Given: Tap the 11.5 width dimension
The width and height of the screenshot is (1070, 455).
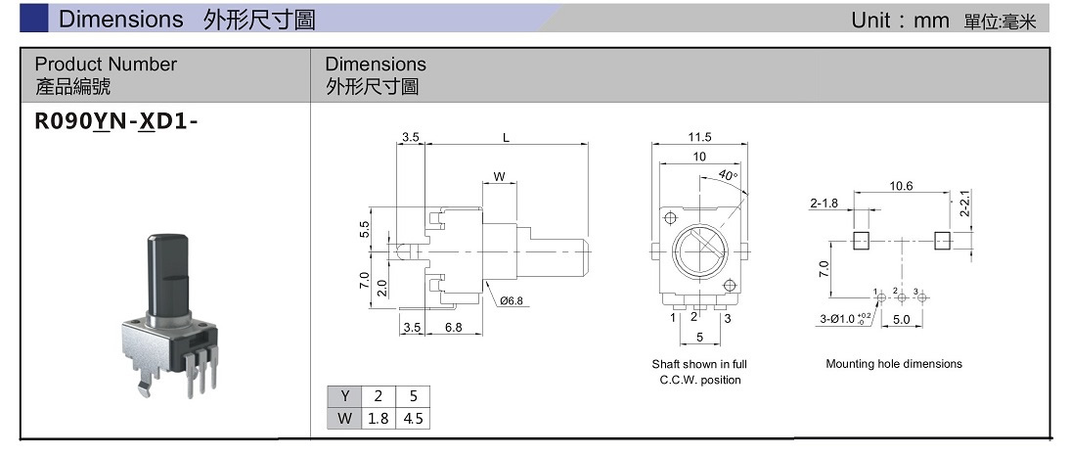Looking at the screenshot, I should [x=699, y=137].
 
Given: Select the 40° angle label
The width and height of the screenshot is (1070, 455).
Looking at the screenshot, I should [x=727, y=175].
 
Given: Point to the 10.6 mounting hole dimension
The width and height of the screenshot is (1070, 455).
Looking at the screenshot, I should [x=901, y=186].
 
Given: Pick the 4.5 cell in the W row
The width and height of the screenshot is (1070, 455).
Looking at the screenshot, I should [x=413, y=418].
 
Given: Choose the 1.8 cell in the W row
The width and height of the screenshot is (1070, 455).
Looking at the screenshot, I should [x=377, y=418].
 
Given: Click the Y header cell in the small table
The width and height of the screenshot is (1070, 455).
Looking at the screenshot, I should [x=344, y=396].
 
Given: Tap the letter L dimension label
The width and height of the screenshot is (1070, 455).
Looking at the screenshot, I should [x=506, y=138].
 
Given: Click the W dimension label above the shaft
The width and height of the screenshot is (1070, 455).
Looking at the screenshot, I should [x=498, y=177].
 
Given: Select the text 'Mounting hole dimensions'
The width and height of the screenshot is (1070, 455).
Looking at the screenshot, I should [x=893, y=364].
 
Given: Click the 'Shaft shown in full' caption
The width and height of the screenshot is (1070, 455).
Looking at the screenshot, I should [x=699, y=364].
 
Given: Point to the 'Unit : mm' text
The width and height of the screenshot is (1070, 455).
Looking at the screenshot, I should [x=900, y=21].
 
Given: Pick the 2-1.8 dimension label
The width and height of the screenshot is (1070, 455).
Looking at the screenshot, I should [x=825, y=204].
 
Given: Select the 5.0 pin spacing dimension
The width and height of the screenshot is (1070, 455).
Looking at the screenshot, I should [x=901, y=319].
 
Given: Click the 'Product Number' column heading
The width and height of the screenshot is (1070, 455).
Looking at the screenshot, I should [x=106, y=65].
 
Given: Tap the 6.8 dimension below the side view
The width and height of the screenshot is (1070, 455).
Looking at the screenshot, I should [x=453, y=328].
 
